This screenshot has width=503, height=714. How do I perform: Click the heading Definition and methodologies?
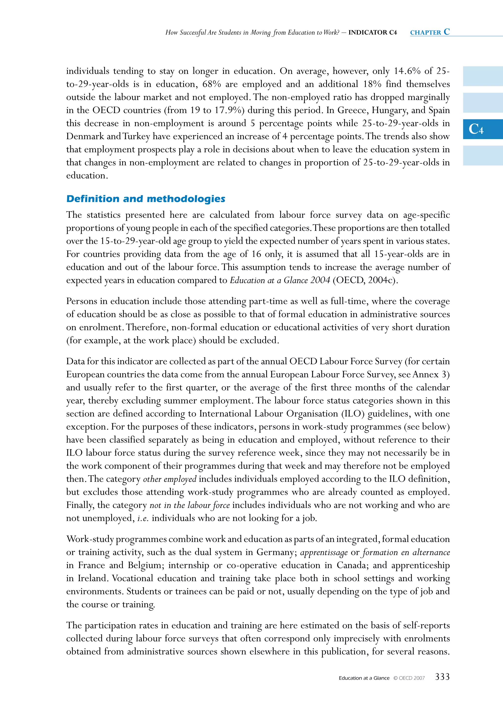click(146, 199)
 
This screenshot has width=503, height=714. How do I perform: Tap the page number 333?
click(442, 677)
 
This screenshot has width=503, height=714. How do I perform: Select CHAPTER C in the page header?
click(430, 32)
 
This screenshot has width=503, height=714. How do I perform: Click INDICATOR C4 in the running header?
click(373, 32)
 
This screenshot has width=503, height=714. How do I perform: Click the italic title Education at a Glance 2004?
click(280, 280)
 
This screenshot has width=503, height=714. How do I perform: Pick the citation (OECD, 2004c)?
click(365, 280)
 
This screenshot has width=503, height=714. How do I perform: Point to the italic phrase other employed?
click(170, 479)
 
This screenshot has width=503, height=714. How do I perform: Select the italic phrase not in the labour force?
click(190, 505)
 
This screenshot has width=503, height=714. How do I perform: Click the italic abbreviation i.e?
click(143, 518)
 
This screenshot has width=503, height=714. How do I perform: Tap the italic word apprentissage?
click(324, 553)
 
